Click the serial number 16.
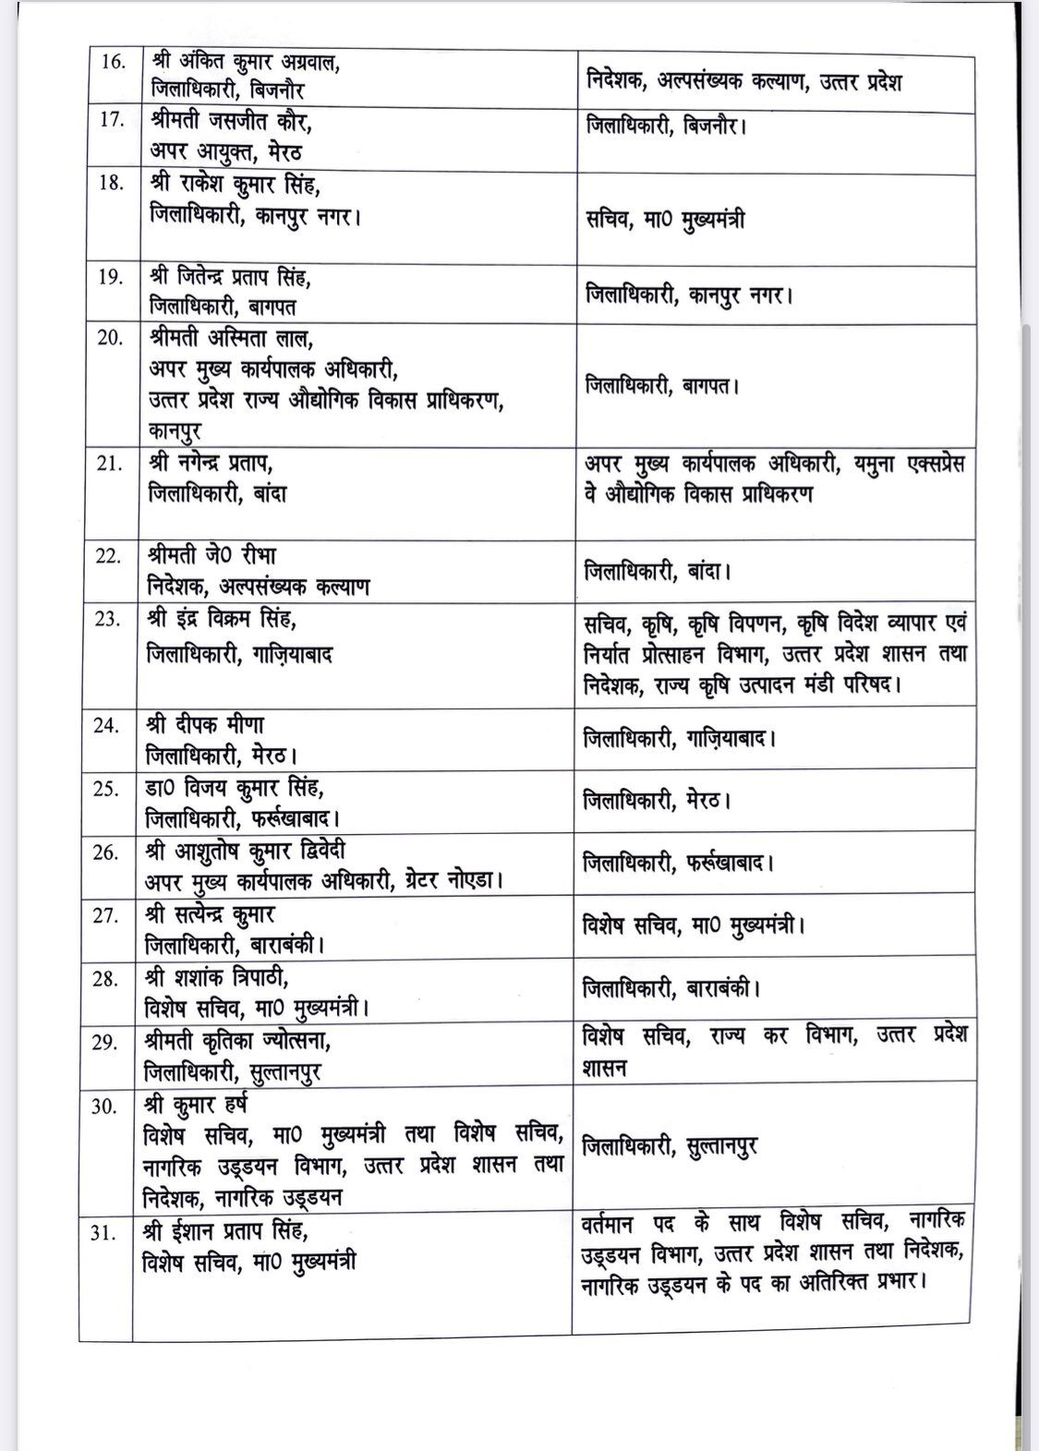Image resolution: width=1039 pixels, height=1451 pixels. [x=111, y=64]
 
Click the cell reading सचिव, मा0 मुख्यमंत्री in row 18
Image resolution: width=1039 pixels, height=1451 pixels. [x=666, y=220]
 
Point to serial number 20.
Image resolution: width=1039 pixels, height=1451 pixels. [x=111, y=337]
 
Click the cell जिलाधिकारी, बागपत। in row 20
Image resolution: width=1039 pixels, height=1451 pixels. [x=661, y=385]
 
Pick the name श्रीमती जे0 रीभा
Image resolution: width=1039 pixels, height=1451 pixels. [x=212, y=557]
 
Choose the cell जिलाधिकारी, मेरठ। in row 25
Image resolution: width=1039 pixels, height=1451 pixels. [x=657, y=801]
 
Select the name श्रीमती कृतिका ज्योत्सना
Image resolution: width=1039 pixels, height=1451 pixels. [x=238, y=1041]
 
